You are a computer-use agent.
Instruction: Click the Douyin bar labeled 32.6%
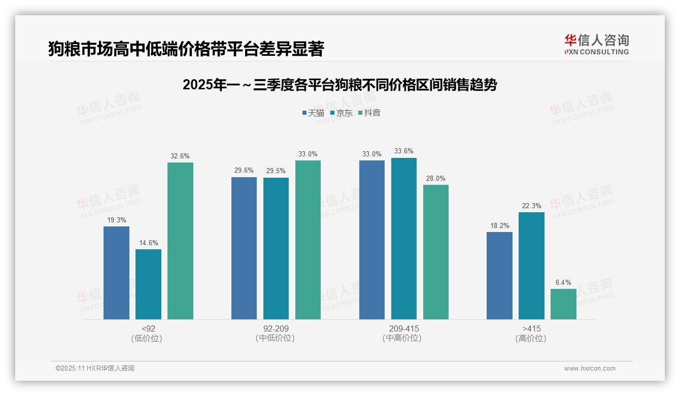click(180, 241)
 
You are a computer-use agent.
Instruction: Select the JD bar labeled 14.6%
click(148, 284)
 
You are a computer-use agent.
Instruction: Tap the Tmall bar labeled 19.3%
click(116, 273)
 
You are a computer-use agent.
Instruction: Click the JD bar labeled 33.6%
click(403, 238)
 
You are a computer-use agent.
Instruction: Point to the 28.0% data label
click(435, 179)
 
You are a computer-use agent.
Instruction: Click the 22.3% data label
click(531, 206)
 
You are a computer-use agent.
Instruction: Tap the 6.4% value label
click(563, 282)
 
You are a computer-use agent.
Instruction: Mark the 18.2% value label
click(499, 225)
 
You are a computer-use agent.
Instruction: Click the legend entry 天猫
click(313, 113)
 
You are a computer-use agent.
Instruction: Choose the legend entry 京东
click(341, 113)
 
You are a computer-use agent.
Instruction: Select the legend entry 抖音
click(369, 113)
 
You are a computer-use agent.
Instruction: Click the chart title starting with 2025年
click(339, 85)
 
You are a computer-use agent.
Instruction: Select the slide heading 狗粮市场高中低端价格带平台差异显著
click(186, 49)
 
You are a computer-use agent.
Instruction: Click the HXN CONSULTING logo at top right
click(596, 44)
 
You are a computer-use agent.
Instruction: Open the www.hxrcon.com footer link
click(590, 368)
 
